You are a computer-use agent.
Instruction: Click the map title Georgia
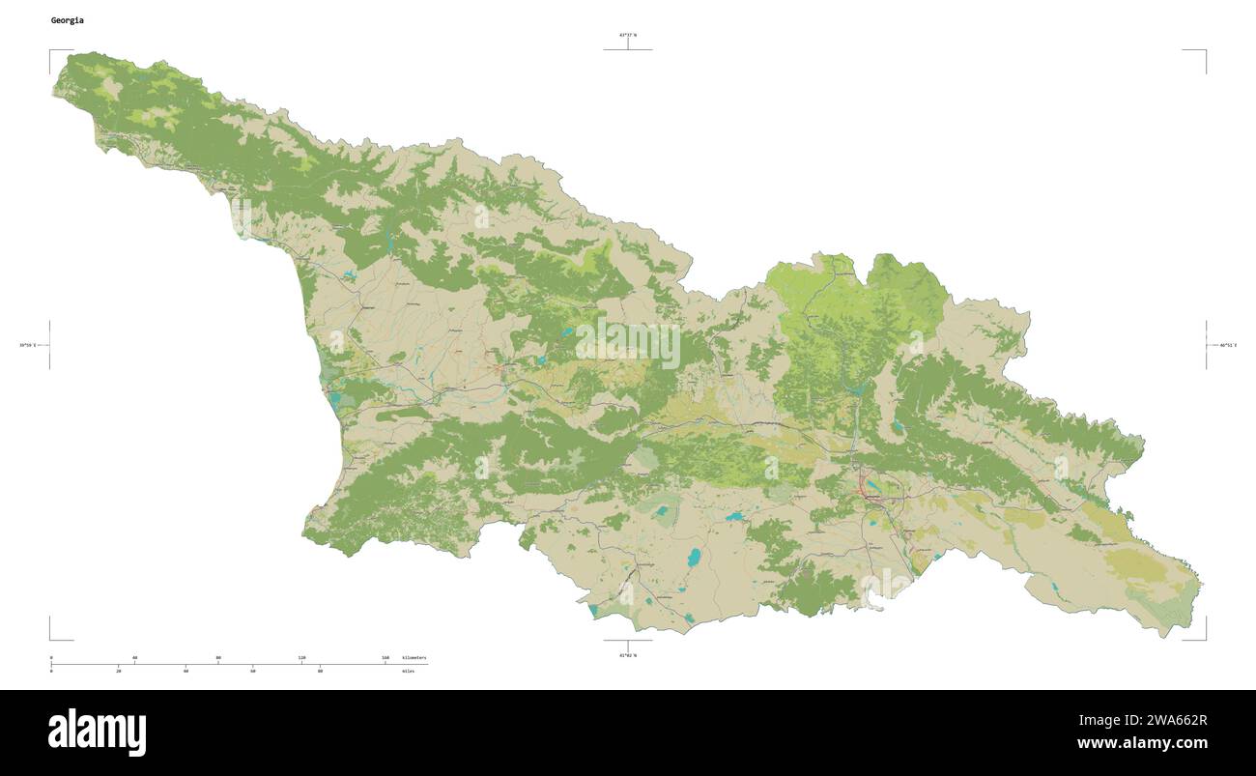67,20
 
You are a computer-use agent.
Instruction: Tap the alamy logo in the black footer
97,733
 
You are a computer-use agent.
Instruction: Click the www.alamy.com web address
1142,744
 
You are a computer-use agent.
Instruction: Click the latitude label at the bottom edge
628,655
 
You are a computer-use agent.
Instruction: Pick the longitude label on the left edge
27,345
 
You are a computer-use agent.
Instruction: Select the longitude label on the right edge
1227,345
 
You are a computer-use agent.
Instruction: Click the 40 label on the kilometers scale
134,657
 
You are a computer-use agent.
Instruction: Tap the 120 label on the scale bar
301,657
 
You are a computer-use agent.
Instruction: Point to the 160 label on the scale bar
385,657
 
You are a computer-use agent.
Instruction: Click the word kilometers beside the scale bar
414,657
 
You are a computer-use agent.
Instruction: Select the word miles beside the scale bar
409,671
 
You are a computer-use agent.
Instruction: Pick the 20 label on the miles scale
118,671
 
